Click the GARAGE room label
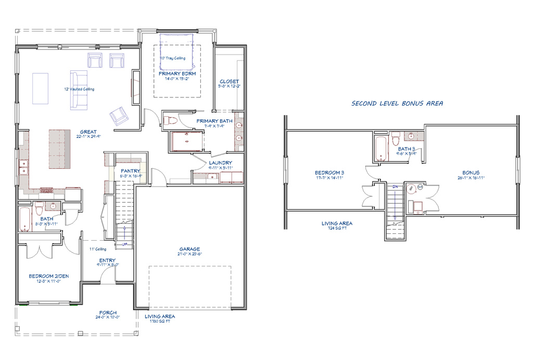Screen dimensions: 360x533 [x=189, y=250]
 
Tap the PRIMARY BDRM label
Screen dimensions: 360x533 [x=177, y=74]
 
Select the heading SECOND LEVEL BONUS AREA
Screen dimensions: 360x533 [x=397, y=104]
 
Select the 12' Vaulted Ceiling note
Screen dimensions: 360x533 [x=79, y=89]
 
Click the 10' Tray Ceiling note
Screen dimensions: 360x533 [x=172, y=58]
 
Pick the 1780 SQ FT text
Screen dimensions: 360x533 [x=160, y=321]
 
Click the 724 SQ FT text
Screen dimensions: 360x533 [x=337, y=228]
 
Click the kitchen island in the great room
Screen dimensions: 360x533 [x=59, y=150]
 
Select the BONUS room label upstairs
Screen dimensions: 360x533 [x=471, y=172]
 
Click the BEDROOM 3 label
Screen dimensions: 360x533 [x=329, y=172]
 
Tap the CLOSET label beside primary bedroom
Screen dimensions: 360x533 [x=229, y=82]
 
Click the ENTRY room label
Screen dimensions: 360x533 [x=107, y=260]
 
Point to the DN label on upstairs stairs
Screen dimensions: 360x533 [x=395, y=186]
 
